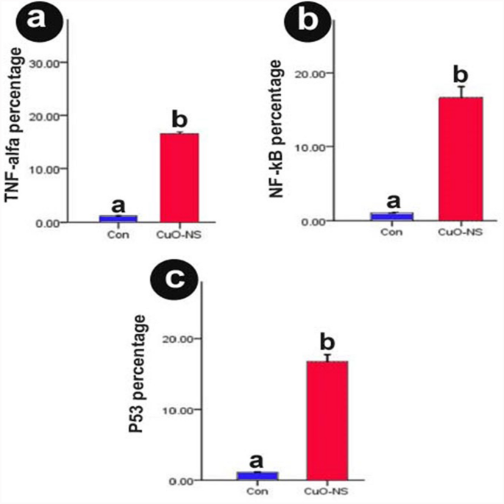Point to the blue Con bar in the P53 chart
pyautogui.click(x=256, y=476)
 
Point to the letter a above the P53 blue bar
pyautogui.click(x=256, y=461)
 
